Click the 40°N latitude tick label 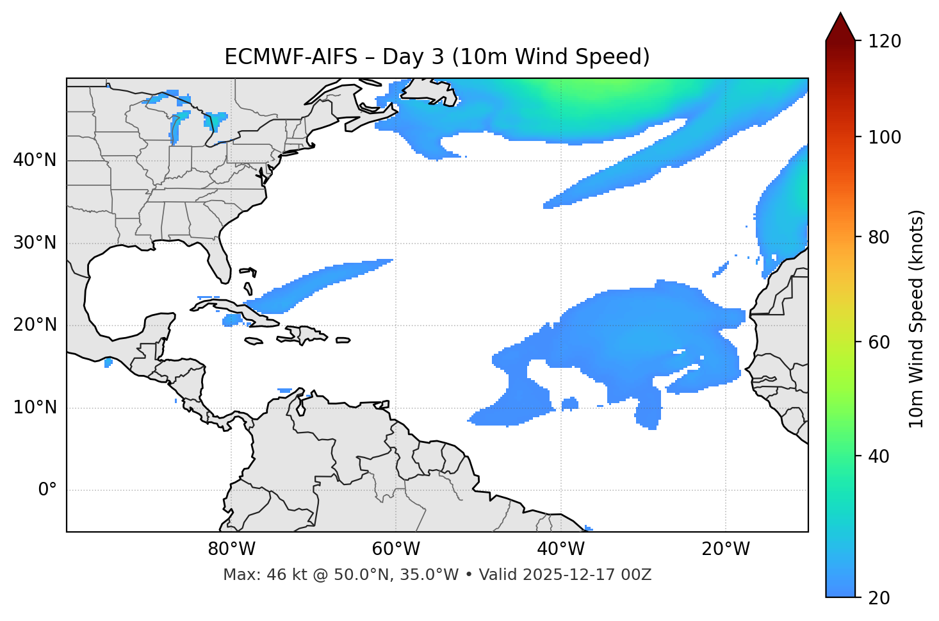tap(35, 160)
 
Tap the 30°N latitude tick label tap(35, 243)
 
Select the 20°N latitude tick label tap(35, 325)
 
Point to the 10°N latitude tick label tap(35, 408)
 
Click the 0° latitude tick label tap(47, 490)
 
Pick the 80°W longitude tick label tap(231, 549)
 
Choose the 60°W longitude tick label tap(396, 549)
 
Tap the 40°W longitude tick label tap(561, 549)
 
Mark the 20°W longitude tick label tap(726, 549)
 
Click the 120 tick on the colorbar tap(885, 42)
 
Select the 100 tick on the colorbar tap(885, 137)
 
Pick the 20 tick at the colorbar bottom tap(879, 598)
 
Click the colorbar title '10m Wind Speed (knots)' tap(917, 319)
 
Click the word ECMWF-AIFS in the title tap(291, 57)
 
